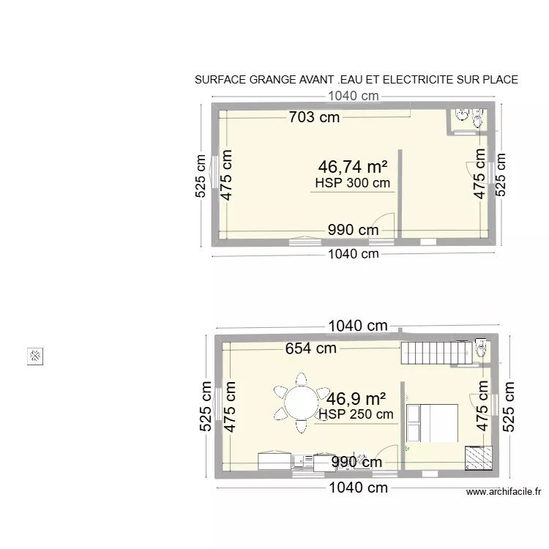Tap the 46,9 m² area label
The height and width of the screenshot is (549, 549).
click(x=356, y=399)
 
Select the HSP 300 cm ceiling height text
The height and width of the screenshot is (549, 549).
click(x=352, y=183)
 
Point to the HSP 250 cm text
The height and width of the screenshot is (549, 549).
click(x=356, y=414)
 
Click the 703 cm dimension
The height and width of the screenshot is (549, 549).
click(x=314, y=116)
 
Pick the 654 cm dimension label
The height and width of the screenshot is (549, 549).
click(x=311, y=348)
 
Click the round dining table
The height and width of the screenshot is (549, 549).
click(x=301, y=402)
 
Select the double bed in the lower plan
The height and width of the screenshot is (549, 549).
click(x=432, y=423)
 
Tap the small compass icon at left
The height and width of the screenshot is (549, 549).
click(x=36, y=356)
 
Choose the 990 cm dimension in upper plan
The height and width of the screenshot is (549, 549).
click(x=353, y=230)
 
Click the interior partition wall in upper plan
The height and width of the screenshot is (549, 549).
click(x=400, y=193)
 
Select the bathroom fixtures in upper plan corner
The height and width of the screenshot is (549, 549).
click(x=468, y=116)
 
